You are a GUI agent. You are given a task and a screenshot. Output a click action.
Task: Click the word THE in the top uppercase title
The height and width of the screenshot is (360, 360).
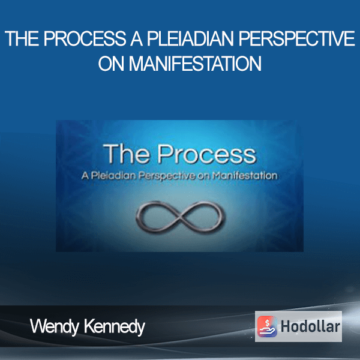tap(22, 38)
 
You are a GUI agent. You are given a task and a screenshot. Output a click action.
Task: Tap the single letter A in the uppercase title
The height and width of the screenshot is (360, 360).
tap(136, 38)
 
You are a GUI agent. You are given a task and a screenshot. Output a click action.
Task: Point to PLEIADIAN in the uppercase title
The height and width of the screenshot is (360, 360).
tap(190, 38)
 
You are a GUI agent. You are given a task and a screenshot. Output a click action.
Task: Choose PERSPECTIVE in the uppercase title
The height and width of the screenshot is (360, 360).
tap(296, 38)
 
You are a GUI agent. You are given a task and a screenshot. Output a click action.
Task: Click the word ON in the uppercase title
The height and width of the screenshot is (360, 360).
tap(111, 64)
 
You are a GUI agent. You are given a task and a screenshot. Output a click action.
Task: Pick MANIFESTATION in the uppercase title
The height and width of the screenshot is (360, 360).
tap(195, 64)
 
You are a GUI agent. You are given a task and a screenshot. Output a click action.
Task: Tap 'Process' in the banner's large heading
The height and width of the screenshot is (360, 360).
tap(206, 154)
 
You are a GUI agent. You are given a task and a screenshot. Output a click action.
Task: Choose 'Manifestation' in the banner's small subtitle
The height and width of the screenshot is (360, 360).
tap(245, 176)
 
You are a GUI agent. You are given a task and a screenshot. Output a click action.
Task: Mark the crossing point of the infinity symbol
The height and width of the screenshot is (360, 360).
tap(181, 216)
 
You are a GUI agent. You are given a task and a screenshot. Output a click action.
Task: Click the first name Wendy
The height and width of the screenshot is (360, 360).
tap(55, 327)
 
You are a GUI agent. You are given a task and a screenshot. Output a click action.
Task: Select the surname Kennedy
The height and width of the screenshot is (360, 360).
tap(115, 327)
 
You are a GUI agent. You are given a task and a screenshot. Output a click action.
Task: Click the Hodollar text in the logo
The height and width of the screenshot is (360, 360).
tap(310, 326)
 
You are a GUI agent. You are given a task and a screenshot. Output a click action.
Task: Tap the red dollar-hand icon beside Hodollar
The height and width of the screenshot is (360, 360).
tap(267, 326)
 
